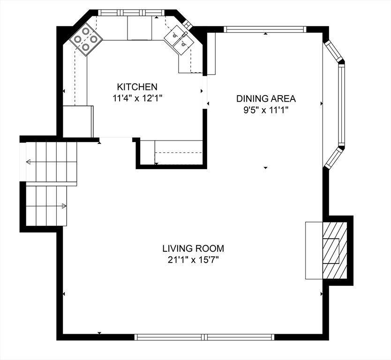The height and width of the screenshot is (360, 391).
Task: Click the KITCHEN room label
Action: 137,87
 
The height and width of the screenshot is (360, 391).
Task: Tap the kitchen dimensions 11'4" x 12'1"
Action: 137,98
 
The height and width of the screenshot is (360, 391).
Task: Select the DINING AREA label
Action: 265,98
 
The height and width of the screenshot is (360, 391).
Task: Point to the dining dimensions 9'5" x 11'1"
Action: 265,111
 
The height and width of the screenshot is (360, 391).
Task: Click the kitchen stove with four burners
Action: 86,39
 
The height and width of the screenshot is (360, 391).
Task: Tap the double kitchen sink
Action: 179,38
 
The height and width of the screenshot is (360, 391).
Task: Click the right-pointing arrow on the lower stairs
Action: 63,206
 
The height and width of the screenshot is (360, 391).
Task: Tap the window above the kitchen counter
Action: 130,12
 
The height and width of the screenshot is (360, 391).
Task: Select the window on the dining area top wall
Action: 265,30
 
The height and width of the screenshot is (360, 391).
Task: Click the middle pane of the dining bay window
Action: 342,105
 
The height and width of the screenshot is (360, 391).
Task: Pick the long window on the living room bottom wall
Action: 204,337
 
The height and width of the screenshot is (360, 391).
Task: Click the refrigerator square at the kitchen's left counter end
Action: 78,121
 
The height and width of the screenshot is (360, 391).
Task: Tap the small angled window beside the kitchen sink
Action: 187,24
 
